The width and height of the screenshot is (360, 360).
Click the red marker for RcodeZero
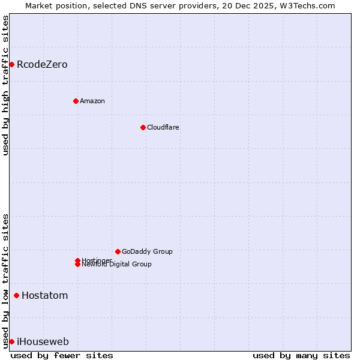coord(11,64)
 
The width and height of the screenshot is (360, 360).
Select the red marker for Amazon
coord(76,101)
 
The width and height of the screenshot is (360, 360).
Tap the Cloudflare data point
coord(143,127)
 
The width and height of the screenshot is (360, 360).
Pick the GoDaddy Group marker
coord(118,251)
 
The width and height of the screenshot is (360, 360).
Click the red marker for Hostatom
coord(16,295)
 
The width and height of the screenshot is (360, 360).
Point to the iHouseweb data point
coord(11,341)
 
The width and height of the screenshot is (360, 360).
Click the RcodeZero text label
coord(42,64)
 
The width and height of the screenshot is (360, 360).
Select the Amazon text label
coord(92,101)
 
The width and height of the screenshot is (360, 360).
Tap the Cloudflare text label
coord(163,127)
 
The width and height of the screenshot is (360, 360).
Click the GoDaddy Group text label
coord(147,251)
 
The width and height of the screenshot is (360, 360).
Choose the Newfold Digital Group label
coord(116,265)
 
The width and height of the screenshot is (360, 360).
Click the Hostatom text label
coord(44,295)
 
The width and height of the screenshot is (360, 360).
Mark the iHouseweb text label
coord(43,341)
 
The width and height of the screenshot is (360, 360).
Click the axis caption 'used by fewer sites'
coord(62,355)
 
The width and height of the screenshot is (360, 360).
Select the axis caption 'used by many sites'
coord(301,355)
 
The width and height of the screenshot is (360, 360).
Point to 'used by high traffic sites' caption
coord(5,85)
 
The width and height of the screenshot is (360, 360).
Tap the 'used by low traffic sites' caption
coord(5,280)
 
